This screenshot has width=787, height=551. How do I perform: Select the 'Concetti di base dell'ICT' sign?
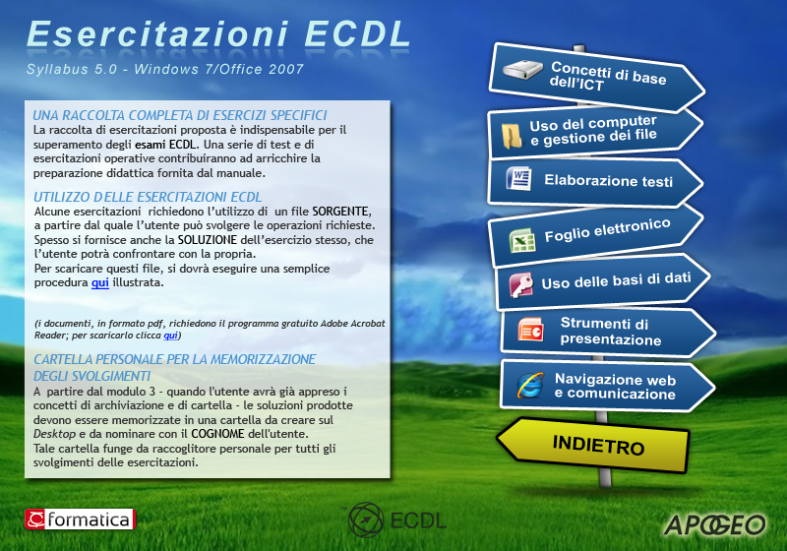click(596, 77)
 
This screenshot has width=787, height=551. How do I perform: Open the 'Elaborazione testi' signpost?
click(595, 181)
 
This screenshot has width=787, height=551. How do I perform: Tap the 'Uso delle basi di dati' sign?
click(602, 281)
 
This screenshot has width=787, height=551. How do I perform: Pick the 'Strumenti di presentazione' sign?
click(607, 333)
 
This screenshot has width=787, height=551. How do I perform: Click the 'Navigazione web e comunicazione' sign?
click(607, 386)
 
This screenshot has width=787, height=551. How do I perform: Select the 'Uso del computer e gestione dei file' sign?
click(595, 132)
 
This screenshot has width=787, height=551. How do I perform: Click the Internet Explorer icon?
click(530, 386)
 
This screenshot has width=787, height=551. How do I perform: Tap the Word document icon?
click(519, 179)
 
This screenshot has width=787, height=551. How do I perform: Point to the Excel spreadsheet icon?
click(522, 240)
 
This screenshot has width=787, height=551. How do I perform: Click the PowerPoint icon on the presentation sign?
click(530, 330)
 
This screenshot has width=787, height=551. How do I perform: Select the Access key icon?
click(521, 284)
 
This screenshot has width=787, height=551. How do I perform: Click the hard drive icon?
click(522, 69)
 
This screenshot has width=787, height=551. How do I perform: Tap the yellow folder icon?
click(512, 136)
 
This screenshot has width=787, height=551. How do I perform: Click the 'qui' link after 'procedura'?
click(100, 282)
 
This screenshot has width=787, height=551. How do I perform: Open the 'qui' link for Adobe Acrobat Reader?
click(170, 336)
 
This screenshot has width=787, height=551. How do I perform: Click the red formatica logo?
click(80, 520)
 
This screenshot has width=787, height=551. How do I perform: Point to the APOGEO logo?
click(715, 525)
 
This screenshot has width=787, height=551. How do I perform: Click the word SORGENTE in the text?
click(340, 212)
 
